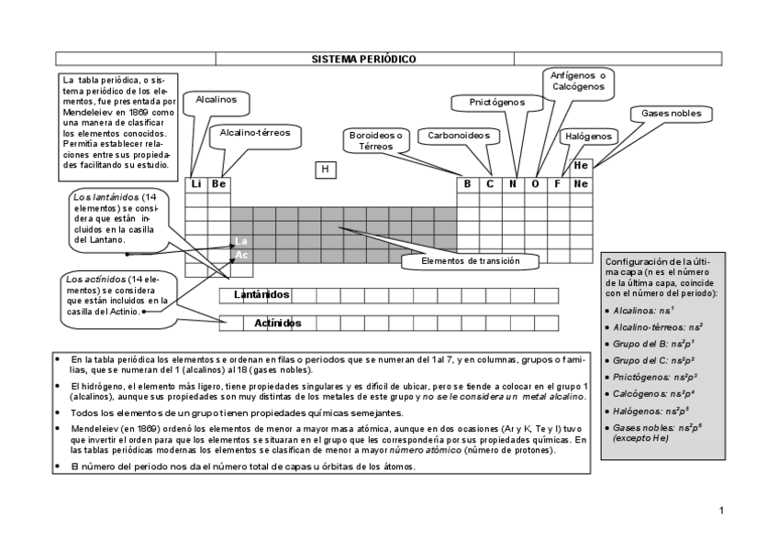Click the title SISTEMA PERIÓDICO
pos(364,60)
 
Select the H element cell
pos(324,170)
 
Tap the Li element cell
pos(195,184)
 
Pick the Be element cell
pos(218,184)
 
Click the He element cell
pos(581,166)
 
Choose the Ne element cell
pos(581,184)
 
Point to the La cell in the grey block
pos(241,241)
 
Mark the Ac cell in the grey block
pos(241,255)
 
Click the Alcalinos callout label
pos(217,99)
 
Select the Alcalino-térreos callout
pos(255,133)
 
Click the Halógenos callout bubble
pos(588,136)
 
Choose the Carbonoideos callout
pos(459,136)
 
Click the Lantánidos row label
pos(261,294)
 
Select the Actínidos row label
pos(278,323)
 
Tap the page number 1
pos(722,510)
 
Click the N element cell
pos(513,184)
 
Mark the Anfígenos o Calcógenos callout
pos(578,81)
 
